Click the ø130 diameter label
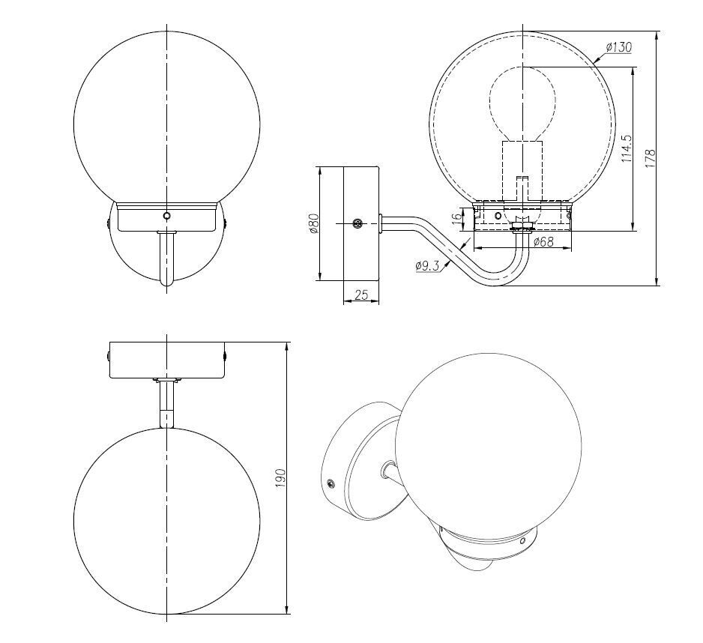[618, 47]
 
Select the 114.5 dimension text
[627, 148]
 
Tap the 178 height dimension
[651, 157]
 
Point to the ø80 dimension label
[315, 223]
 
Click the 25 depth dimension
[361, 295]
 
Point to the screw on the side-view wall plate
[358, 223]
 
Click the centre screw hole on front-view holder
[166, 215]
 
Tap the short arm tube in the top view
[166, 405]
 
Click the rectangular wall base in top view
[166, 361]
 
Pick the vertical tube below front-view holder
[166, 259]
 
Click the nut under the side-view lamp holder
[521, 223]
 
